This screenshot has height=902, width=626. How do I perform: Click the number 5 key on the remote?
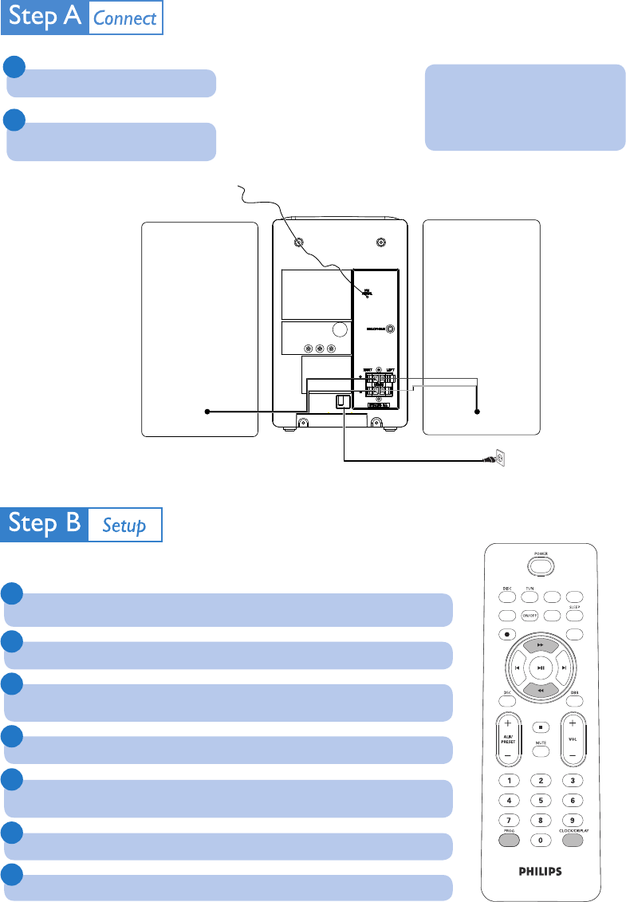click(541, 799)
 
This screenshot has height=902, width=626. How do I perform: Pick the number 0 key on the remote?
click(541, 840)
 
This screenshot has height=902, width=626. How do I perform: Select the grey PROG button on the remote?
click(508, 839)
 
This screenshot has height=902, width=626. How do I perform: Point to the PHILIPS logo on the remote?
click(541, 872)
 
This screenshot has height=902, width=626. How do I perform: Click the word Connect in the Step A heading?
click(124, 19)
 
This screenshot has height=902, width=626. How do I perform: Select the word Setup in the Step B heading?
click(124, 526)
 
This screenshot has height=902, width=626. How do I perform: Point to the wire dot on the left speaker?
click(207, 412)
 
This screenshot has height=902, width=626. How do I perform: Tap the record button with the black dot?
click(507, 634)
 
